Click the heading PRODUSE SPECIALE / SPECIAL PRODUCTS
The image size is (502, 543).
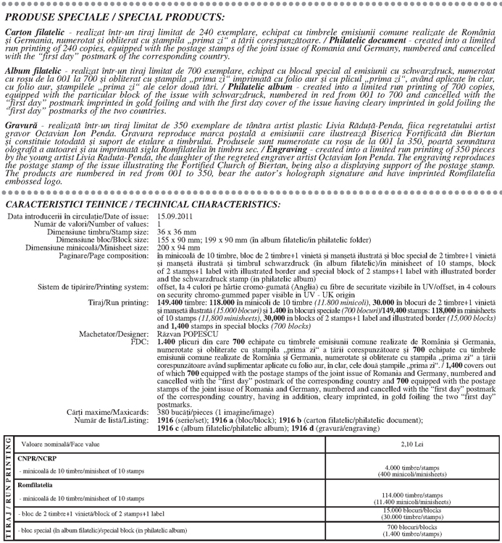pos(114,17)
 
